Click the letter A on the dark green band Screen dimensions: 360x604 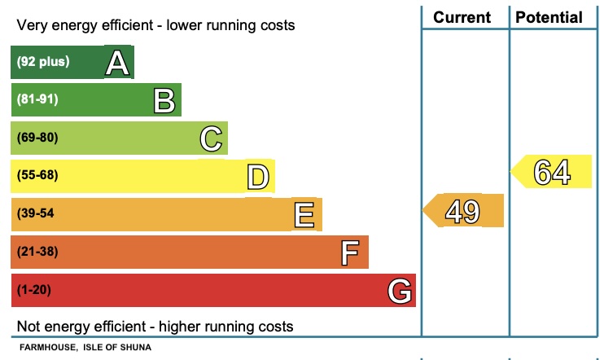point(118,63)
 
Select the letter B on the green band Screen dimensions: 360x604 point(164,100)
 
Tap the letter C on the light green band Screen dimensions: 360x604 point(212,138)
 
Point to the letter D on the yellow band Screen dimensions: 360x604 point(258,177)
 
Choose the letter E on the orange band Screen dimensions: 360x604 point(304,215)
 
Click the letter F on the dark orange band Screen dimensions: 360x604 point(350,253)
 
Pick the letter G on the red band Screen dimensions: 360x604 point(398,291)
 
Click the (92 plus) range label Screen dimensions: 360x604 point(43,62)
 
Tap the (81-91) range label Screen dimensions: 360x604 point(37,99)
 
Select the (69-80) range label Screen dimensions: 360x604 point(37,138)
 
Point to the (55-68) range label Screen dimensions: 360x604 point(37,175)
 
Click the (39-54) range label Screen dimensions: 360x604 point(37,213)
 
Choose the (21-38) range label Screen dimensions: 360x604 point(37,252)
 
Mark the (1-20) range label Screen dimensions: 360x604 point(35,289)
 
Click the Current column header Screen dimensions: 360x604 point(462,17)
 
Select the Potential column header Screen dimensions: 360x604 point(549,17)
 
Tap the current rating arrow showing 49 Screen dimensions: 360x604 point(462,211)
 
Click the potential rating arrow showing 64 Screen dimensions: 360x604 point(552,172)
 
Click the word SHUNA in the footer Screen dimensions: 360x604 point(135,348)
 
